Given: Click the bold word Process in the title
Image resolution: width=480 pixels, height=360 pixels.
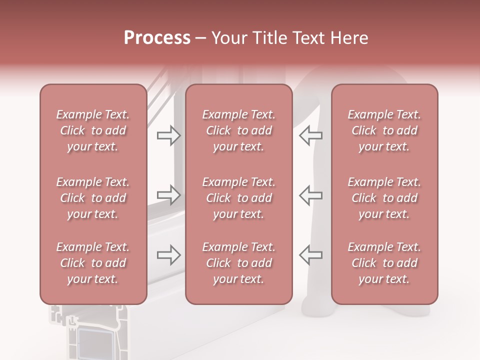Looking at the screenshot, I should pyautogui.click(x=157, y=38).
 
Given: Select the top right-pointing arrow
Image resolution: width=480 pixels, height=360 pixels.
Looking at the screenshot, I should pyautogui.click(x=168, y=135).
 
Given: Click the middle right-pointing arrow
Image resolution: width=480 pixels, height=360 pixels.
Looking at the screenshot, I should pyautogui.click(x=168, y=195).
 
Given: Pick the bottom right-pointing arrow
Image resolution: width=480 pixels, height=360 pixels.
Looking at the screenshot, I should pyautogui.click(x=168, y=255).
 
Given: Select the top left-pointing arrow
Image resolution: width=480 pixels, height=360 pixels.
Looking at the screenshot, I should pyautogui.click(x=311, y=135).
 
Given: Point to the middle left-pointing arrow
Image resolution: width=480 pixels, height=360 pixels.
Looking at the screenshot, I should pyautogui.click(x=311, y=195).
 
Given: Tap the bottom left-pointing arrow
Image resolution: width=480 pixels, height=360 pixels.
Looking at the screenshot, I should pyautogui.click(x=311, y=255).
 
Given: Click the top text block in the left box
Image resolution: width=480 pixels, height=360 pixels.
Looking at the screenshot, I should pyautogui.click(x=93, y=130).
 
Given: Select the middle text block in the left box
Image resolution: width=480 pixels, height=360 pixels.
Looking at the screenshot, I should pyautogui.click(x=93, y=198).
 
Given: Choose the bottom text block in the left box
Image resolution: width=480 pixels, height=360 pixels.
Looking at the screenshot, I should pyautogui.click(x=93, y=263).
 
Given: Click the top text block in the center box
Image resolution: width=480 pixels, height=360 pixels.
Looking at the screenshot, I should pyautogui.click(x=239, y=130).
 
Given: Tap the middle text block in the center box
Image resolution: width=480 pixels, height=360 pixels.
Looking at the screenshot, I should pyautogui.click(x=239, y=198).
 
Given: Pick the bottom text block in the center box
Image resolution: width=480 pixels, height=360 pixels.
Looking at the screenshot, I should pyautogui.click(x=239, y=263).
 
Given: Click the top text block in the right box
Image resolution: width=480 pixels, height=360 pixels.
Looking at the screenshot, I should pyautogui.click(x=384, y=130).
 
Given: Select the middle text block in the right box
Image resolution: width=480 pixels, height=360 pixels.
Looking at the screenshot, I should pyautogui.click(x=384, y=198).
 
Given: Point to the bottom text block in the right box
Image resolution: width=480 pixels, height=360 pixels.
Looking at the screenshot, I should pyautogui.click(x=384, y=263).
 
